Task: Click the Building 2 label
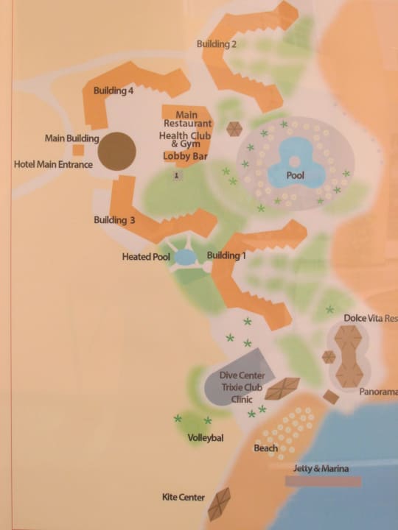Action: click(x=217, y=44)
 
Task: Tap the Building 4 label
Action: click(x=114, y=91)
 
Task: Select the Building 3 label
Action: click(x=114, y=220)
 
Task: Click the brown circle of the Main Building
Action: click(x=117, y=151)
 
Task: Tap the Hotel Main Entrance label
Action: click(x=54, y=164)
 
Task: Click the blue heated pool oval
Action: click(x=185, y=258)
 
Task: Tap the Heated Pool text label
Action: click(x=146, y=258)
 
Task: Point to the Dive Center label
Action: click(x=242, y=375)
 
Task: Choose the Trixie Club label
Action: click(x=242, y=388)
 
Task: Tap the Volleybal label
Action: click(x=206, y=438)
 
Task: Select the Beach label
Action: click(x=266, y=448)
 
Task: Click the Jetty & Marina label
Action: click(x=319, y=469)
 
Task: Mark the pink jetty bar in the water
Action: click(x=323, y=481)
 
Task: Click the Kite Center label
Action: click(x=183, y=498)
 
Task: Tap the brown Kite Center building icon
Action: click(x=219, y=504)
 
